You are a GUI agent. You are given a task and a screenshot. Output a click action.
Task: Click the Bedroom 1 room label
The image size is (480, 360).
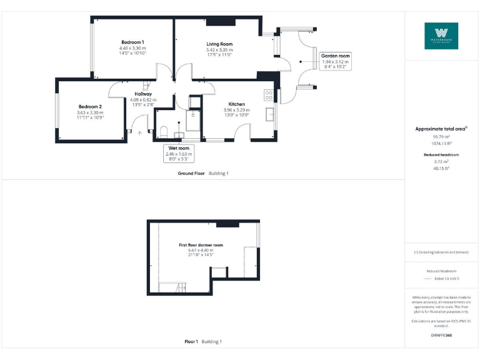click(x=133, y=47)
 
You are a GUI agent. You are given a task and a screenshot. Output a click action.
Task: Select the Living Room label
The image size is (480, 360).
click(x=219, y=49)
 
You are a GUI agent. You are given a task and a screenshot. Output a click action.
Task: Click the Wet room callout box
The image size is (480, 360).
click(x=179, y=153)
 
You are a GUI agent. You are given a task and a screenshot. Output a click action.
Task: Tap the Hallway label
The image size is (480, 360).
click(x=143, y=99)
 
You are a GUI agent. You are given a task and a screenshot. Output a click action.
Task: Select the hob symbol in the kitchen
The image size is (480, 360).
click(x=269, y=95)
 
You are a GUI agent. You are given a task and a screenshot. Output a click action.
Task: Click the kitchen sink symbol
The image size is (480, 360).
click(x=269, y=115)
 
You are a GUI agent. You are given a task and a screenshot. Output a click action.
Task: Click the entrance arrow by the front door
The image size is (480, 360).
click(x=139, y=132)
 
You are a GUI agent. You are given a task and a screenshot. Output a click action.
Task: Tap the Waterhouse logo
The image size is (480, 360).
click(x=441, y=36)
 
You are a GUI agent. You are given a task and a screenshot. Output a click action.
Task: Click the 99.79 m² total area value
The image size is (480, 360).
click(x=441, y=136)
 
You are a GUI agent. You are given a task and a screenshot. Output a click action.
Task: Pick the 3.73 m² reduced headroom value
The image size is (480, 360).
click(x=441, y=161)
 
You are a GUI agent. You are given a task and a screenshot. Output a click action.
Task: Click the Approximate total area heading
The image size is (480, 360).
click(x=441, y=129)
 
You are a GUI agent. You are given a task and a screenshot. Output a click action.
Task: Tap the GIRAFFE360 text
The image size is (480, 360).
click(x=441, y=336)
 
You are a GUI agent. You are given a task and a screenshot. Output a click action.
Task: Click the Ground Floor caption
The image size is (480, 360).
click(x=191, y=172)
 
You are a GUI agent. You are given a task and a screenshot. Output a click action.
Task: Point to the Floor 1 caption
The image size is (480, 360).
click(x=191, y=342)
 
